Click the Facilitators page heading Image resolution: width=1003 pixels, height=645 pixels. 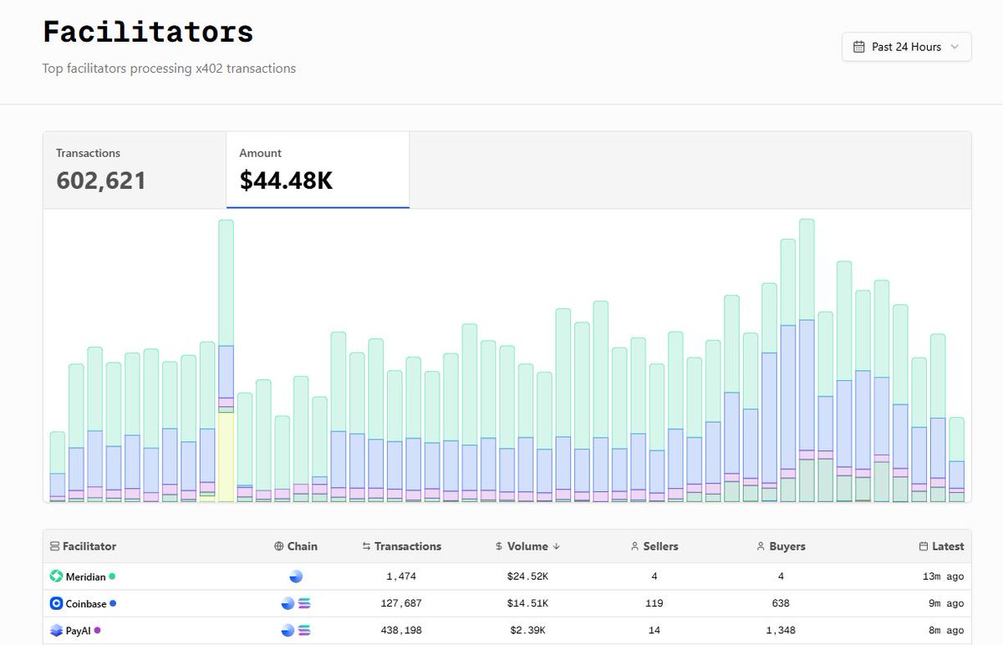click(x=148, y=32)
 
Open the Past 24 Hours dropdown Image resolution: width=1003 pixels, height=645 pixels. click(x=906, y=47)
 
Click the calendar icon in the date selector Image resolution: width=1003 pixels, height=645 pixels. click(x=858, y=47)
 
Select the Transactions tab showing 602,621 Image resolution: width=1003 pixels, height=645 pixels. click(x=134, y=170)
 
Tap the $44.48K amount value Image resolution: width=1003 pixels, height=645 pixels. click(x=286, y=180)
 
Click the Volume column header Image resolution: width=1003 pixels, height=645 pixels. click(x=527, y=546)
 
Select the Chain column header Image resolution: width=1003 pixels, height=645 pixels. click(x=296, y=546)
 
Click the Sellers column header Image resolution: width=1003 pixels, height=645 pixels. click(x=654, y=546)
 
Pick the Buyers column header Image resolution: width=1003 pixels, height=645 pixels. click(x=781, y=546)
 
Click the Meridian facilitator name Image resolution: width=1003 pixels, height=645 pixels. click(x=85, y=576)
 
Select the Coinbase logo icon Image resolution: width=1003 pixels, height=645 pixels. click(x=56, y=603)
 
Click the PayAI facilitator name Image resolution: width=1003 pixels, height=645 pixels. click(x=79, y=630)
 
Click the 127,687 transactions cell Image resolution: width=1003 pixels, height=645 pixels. click(x=401, y=603)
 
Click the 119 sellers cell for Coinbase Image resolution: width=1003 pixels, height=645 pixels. click(x=654, y=603)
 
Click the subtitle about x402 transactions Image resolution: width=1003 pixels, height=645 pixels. click(x=169, y=69)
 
